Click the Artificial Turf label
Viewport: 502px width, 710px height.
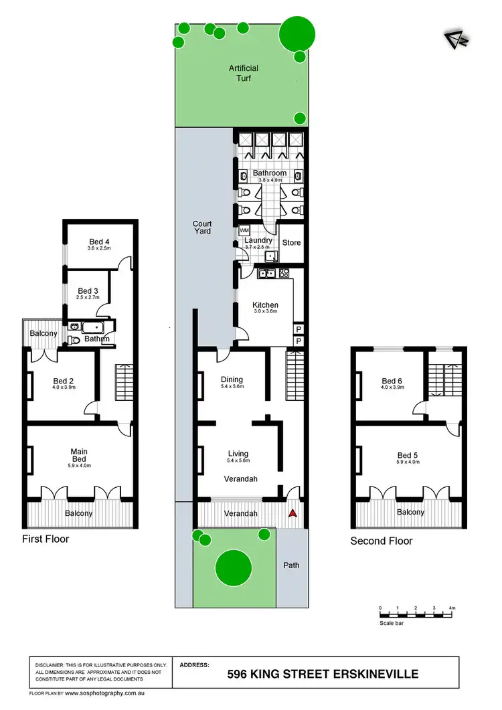click(x=243, y=73)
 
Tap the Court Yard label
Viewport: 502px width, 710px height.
click(x=202, y=227)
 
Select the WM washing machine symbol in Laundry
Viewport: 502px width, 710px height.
click(x=244, y=230)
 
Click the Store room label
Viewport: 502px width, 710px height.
click(x=291, y=243)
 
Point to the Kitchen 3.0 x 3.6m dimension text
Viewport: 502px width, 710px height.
click(x=264, y=312)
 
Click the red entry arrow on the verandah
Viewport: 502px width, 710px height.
click(x=292, y=514)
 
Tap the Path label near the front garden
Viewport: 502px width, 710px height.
click(x=291, y=565)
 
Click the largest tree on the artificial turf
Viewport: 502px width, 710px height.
click(x=296, y=33)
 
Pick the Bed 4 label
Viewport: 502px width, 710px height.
click(x=99, y=242)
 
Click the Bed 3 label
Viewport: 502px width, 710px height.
click(x=88, y=290)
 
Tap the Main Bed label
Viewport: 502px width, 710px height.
click(x=79, y=456)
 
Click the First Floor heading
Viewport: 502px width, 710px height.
click(x=46, y=539)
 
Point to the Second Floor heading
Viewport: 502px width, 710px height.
click(x=382, y=541)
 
